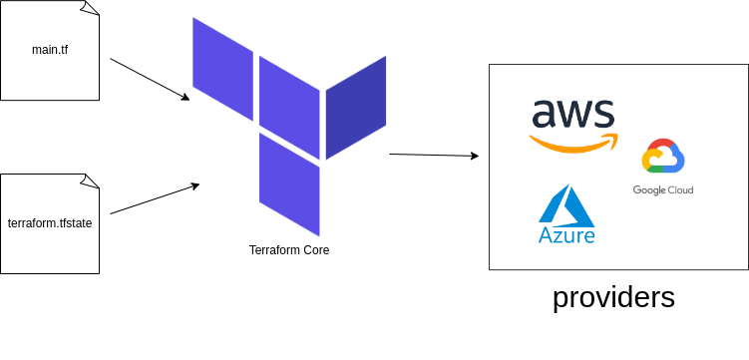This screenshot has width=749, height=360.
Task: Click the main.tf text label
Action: pyautogui.click(x=50, y=49)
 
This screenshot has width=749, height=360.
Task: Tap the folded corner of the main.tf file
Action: pyautogui.click(x=91, y=8)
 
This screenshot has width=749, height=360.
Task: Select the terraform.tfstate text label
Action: pyautogui.click(x=50, y=222)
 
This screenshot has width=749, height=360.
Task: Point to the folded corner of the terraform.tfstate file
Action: pyautogui.click(x=91, y=181)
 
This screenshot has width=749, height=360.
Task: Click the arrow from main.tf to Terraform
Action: pyautogui.click(x=149, y=79)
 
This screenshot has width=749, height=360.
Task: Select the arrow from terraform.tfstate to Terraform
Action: pyautogui.click(x=154, y=198)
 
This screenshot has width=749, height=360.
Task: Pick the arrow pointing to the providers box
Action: pyautogui.click(x=433, y=155)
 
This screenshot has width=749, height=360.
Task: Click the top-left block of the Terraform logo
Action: pyautogui.click(x=222, y=68)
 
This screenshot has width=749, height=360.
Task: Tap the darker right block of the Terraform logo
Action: pyautogui.click(x=356, y=107)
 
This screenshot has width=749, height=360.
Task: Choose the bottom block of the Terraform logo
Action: pyautogui.click(x=289, y=183)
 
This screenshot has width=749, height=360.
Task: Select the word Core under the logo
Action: pyautogui.click(x=315, y=250)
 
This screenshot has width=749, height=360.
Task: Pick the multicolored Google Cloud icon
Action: pyautogui.click(x=663, y=158)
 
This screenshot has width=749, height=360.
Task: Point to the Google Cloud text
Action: pyautogui.click(x=663, y=189)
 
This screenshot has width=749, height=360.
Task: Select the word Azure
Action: pyautogui.click(x=566, y=235)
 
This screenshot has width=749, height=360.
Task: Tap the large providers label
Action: pyautogui.click(x=613, y=297)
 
